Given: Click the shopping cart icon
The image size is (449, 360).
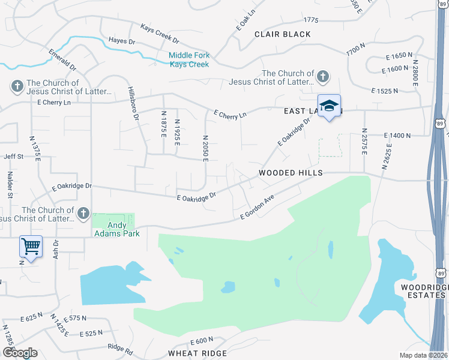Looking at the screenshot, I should [x=31, y=245].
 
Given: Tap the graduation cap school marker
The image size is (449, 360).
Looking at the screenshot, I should [x=328, y=106].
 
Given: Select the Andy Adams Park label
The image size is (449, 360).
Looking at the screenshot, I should [x=115, y=229].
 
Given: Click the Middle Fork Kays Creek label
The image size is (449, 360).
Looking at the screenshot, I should [x=188, y=60].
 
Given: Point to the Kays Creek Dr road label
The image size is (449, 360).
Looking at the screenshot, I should [x=160, y=35].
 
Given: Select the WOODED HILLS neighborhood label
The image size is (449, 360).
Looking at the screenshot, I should [x=291, y=173].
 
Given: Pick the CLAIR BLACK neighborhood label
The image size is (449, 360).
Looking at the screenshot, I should [x=283, y=34].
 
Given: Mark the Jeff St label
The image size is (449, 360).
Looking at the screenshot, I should [x=13, y=157].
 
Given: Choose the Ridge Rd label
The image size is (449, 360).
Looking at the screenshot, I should [x=119, y=347].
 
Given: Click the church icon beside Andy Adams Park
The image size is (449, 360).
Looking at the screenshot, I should [x=83, y=212].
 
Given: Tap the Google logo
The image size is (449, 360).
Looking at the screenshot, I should [x=19, y=353].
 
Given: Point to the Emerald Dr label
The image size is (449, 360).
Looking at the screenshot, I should [x=62, y=59].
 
